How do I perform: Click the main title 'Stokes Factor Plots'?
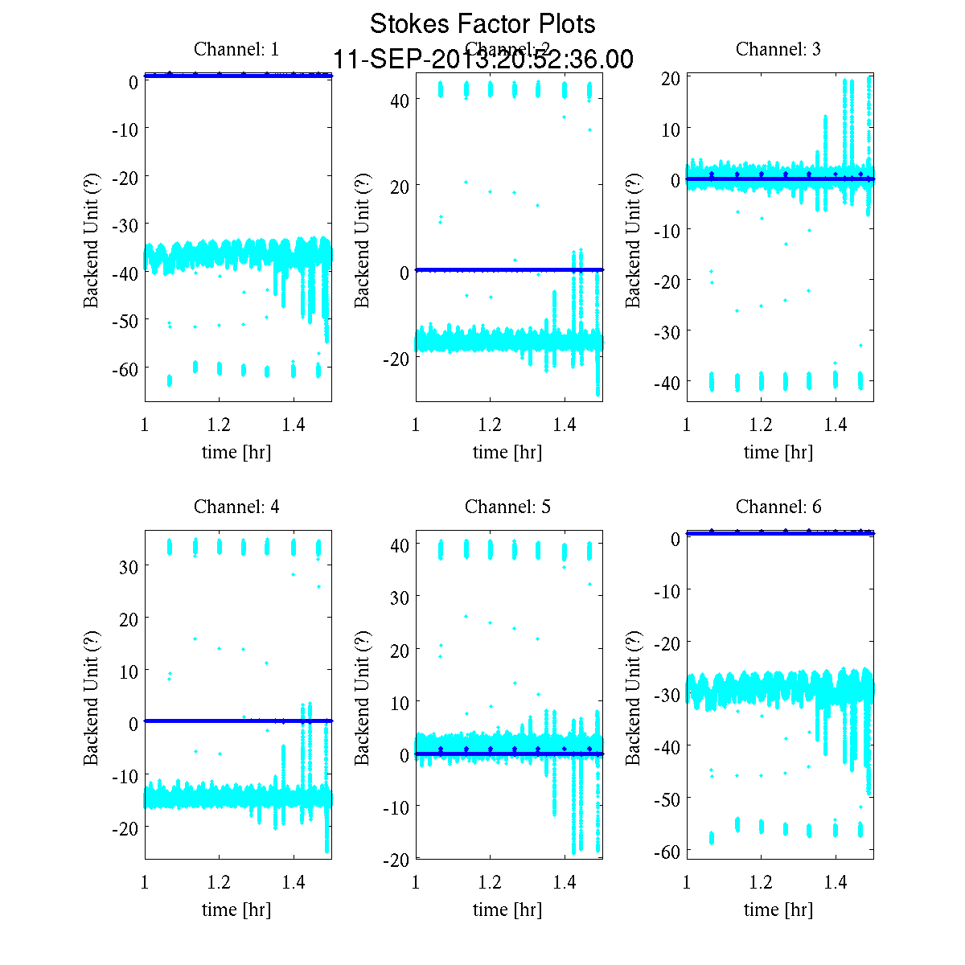coord(482,24)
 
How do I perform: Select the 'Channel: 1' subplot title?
coord(236,49)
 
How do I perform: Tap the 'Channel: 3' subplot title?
coord(778,49)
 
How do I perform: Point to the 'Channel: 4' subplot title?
coord(236,507)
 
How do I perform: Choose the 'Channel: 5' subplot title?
coord(507,507)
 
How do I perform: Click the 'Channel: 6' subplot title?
coord(778,507)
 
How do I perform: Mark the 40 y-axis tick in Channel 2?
coord(400,101)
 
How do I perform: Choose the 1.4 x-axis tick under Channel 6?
coord(836,882)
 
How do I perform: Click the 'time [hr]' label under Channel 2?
coord(507,452)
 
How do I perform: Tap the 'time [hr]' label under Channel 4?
coord(236,910)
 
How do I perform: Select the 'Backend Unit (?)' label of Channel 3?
coord(634,240)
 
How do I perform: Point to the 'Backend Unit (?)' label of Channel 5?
coord(363,697)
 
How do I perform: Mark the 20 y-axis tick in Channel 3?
coord(671,78)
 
